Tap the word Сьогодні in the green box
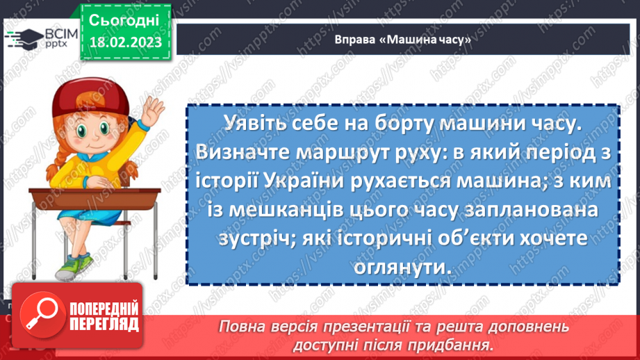tap(124, 19)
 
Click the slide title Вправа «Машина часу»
tap(402, 40)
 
